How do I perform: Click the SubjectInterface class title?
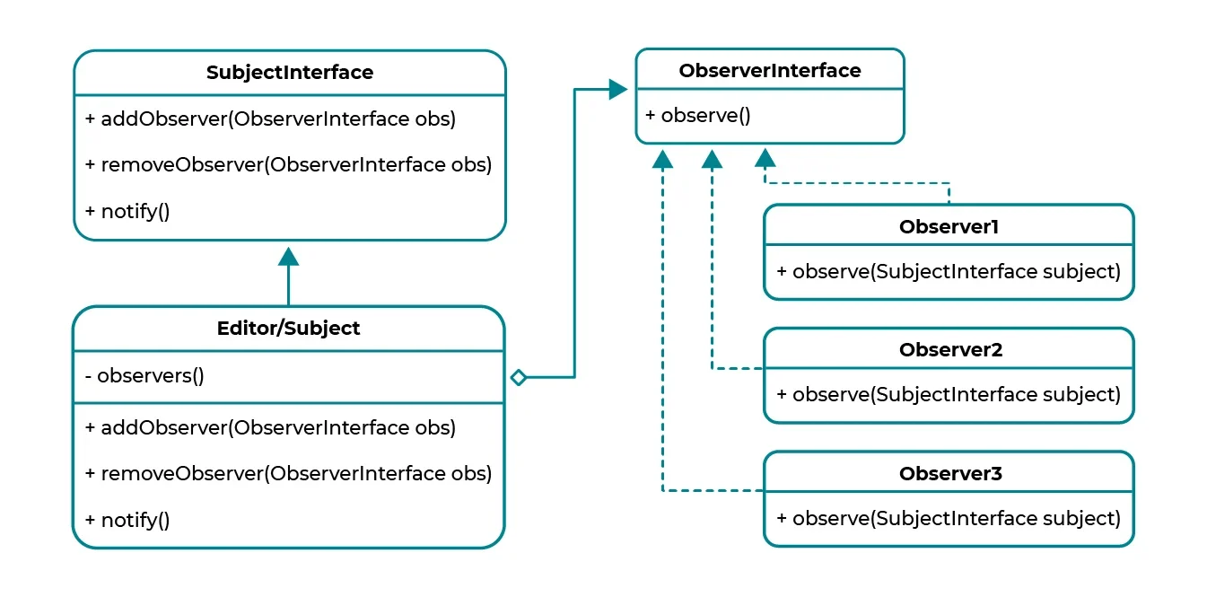click(x=290, y=72)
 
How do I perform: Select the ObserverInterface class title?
click(x=769, y=71)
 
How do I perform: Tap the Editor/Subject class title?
click(x=288, y=329)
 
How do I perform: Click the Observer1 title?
click(x=949, y=227)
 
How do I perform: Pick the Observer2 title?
click(x=950, y=350)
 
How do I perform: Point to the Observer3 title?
click(x=950, y=474)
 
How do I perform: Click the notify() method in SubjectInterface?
click(x=127, y=211)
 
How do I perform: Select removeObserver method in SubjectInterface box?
click(x=288, y=165)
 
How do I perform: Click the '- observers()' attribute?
click(x=144, y=375)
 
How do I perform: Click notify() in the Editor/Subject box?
click(x=127, y=520)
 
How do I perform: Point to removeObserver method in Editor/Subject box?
click(x=288, y=474)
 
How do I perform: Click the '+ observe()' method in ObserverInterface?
click(x=698, y=115)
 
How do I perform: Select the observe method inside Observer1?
click(x=949, y=271)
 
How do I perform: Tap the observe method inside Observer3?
click(x=949, y=518)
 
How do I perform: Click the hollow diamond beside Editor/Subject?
click(x=519, y=377)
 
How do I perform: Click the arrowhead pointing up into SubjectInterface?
click(x=288, y=257)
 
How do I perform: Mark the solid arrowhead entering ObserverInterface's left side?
click(x=618, y=90)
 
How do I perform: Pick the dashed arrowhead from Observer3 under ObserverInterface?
click(x=662, y=160)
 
